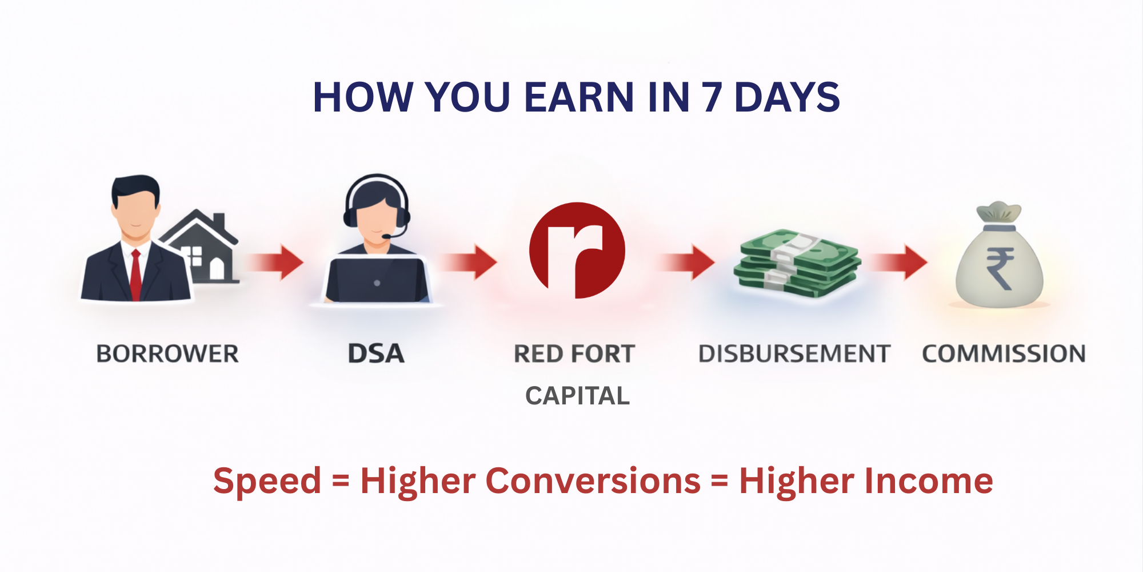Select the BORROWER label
pos(167,353)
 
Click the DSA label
pos(376,353)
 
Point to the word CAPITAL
pos(577,396)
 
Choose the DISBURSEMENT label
pos(794,353)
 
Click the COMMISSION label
pos(1004,353)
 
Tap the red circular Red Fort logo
pos(577,250)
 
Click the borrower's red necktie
pos(135,275)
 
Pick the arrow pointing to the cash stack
pos(686,263)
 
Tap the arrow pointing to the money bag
pos(898,263)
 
